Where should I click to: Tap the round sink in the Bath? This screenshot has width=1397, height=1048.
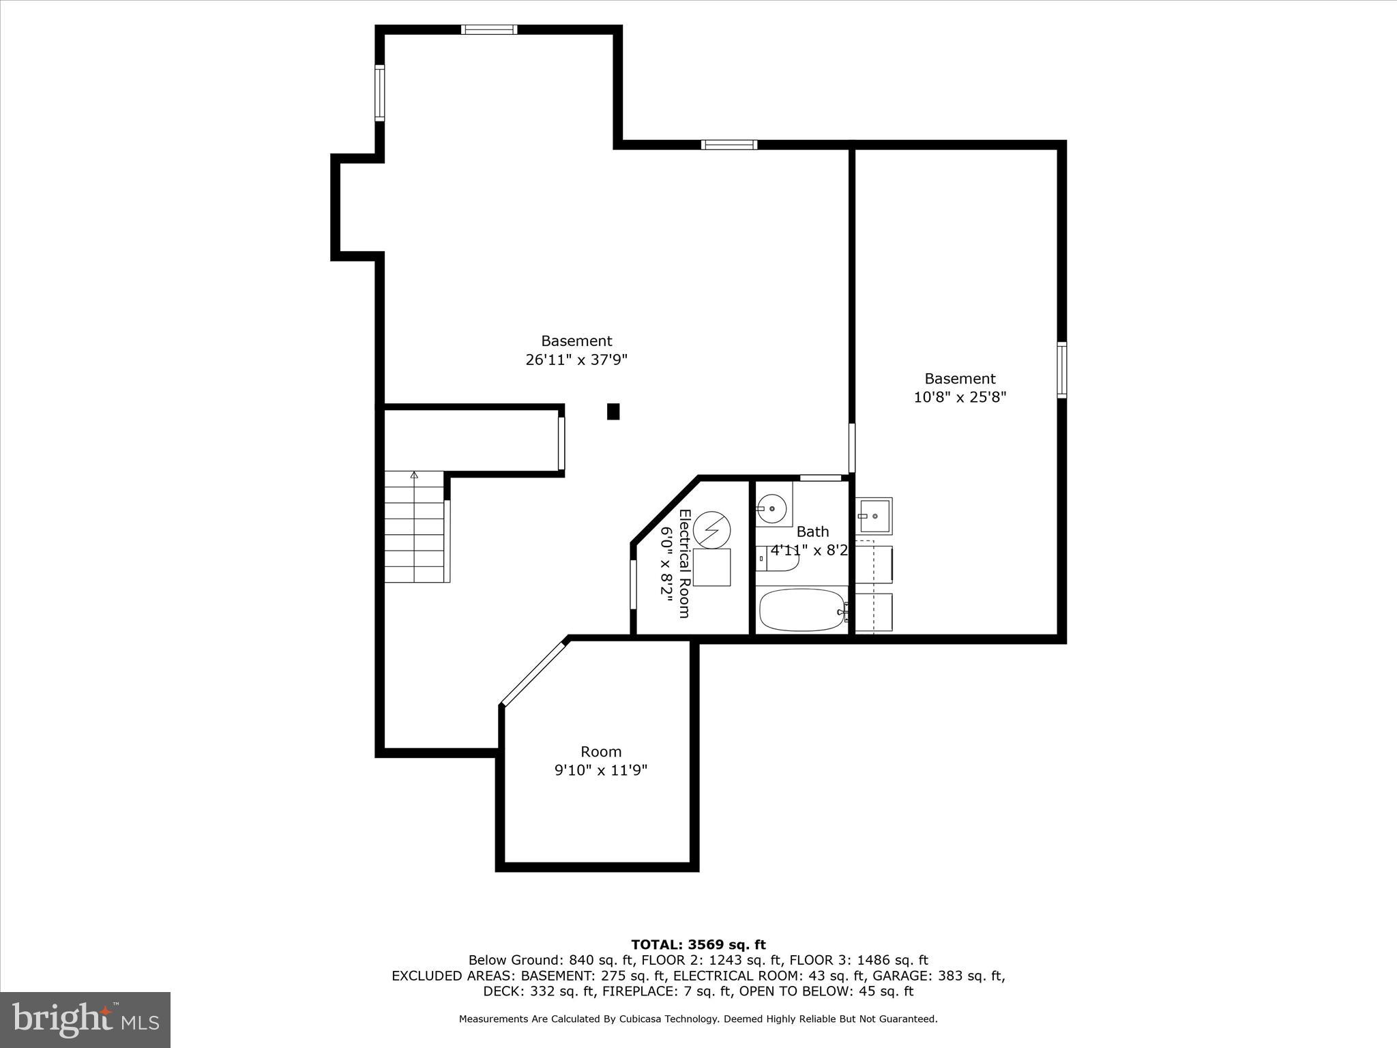point(771,508)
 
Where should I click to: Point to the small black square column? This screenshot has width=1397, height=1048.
point(613,411)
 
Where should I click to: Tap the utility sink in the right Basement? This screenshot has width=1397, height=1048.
point(874,516)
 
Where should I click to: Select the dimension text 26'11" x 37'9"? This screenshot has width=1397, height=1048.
point(576,360)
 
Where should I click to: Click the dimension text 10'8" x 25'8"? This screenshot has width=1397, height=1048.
point(960,397)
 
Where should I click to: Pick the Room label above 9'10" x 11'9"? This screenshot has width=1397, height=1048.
point(601,752)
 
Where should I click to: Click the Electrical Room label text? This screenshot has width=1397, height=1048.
point(685,564)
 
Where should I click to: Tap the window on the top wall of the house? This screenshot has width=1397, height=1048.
point(488,29)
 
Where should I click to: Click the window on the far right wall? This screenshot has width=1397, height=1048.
point(1061,370)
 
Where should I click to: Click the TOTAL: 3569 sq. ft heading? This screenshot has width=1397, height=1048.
point(698,945)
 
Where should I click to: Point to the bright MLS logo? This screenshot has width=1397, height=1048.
point(85,1020)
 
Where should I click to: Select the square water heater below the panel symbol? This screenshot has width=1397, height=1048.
point(711,567)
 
